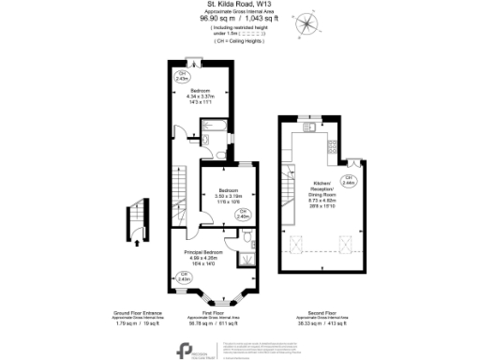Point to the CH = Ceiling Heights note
coord(239,41)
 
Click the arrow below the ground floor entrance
coord(139,241)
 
